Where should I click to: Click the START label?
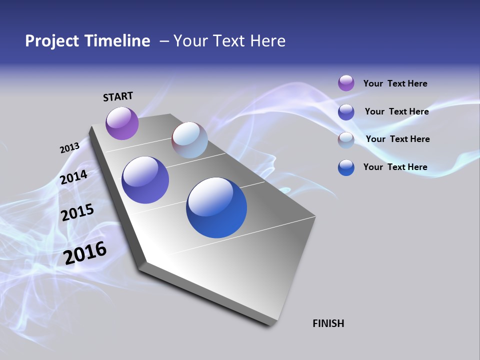118,96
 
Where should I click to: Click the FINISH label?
328,323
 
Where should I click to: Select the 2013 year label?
69,148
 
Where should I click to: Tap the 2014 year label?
74,177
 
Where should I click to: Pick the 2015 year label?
77,212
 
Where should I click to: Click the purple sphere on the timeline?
122,123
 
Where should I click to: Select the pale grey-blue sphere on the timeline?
189,140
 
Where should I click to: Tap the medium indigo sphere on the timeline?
145,180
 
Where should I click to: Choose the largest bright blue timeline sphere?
216,207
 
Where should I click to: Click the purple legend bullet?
346,83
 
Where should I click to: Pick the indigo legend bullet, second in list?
346,112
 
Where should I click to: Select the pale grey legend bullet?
346,140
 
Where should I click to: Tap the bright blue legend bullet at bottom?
346,167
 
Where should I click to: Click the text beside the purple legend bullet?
395,84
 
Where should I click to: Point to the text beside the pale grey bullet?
397,139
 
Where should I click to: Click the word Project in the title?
51,41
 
